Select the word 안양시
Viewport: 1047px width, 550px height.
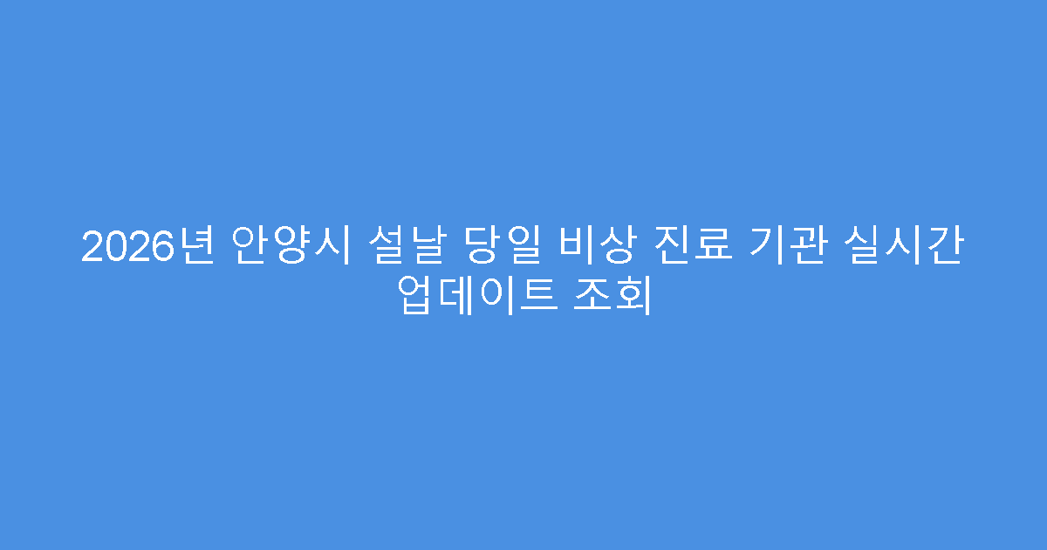tap(291, 247)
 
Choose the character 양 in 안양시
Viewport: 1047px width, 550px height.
tap(291, 247)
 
